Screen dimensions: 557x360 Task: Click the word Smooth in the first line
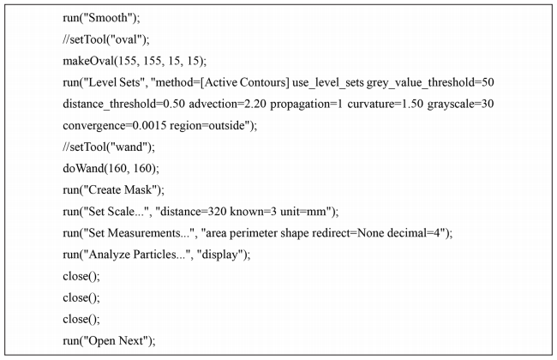(x=108, y=17)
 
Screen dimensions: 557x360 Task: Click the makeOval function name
(x=88, y=61)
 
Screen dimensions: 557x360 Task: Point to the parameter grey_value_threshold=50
(x=430, y=83)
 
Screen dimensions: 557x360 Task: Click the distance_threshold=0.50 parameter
(x=124, y=104)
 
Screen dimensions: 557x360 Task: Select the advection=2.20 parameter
(x=227, y=104)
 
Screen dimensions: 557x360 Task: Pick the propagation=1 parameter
(x=307, y=104)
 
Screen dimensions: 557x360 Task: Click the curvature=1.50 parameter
(x=386, y=104)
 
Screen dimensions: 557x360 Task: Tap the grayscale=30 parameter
(x=461, y=104)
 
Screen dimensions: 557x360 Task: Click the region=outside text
(x=207, y=126)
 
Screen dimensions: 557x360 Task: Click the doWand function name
(x=83, y=168)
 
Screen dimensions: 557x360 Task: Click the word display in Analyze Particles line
(x=219, y=255)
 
